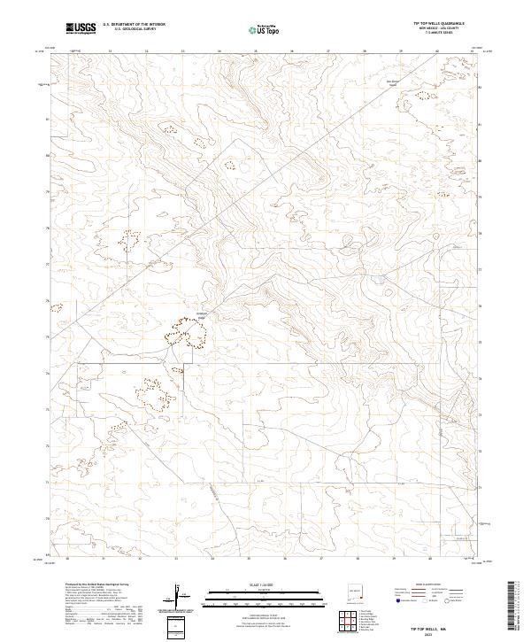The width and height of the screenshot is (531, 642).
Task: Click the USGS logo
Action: click(x=81, y=28)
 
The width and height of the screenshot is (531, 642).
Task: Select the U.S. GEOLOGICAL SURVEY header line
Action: click(x=135, y=30)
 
